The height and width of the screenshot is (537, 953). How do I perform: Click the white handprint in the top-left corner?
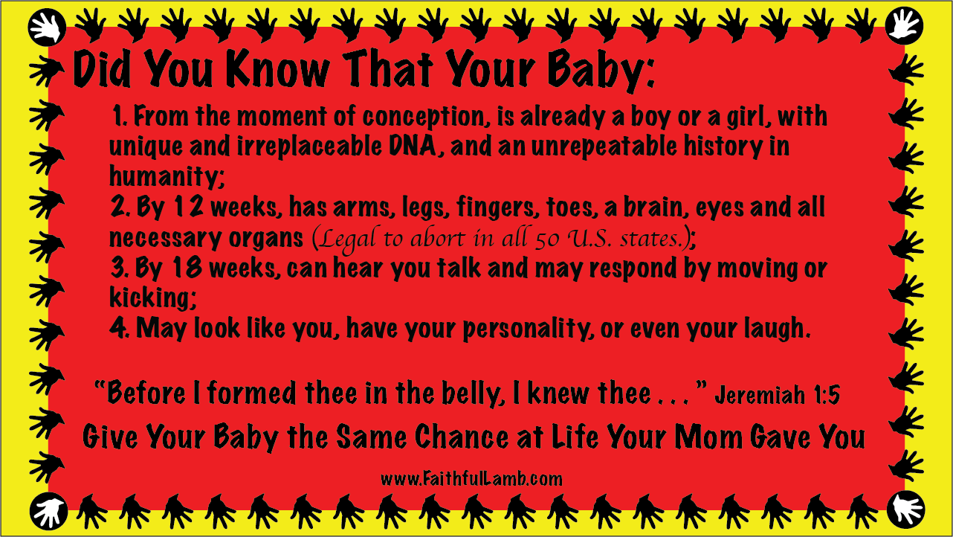(46, 28)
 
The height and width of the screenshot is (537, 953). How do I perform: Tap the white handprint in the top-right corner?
(905, 25)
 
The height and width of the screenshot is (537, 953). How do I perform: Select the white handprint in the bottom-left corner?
(48, 512)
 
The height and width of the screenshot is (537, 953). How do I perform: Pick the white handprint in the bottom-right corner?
(906, 509)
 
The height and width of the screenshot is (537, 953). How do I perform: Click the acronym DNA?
(413, 147)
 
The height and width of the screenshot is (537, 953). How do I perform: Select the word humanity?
(167, 176)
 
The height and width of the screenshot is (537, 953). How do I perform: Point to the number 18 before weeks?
(187, 268)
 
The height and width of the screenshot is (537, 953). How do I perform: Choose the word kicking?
(153, 297)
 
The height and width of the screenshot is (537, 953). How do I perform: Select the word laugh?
(777, 329)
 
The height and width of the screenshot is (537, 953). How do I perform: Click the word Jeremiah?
(760, 395)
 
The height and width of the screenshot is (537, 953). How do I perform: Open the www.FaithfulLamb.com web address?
(471, 479)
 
